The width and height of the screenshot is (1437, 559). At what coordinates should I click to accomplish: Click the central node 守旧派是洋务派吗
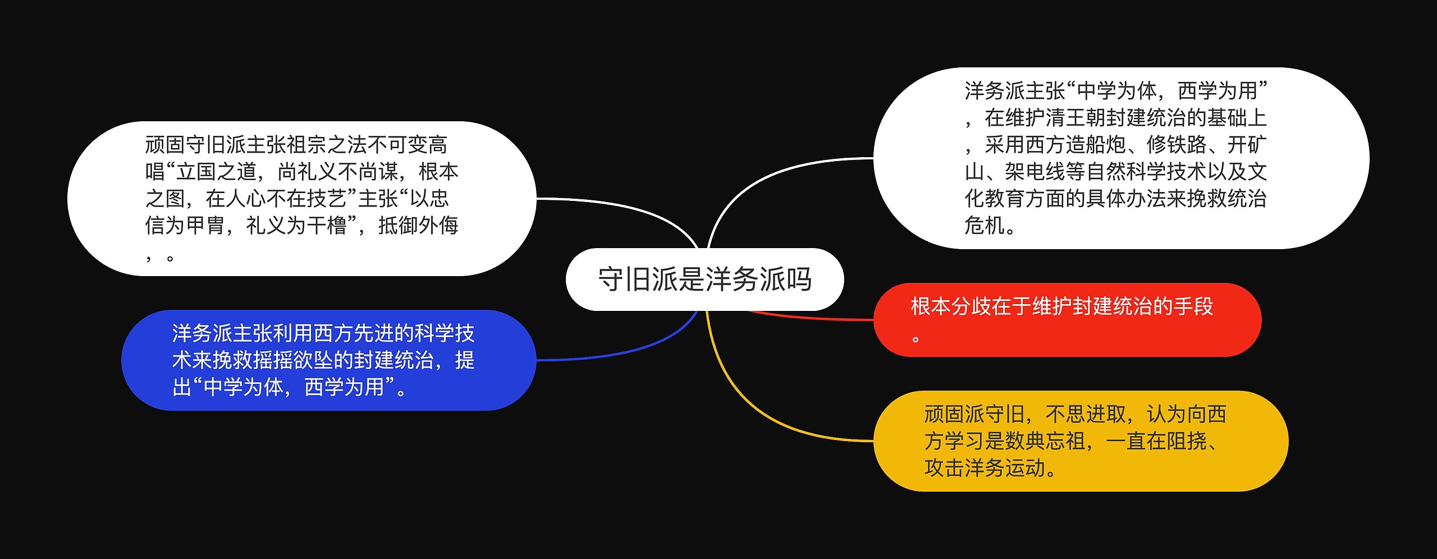coord(704,279)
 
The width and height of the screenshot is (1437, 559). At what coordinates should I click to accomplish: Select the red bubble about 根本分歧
coord(1067,320)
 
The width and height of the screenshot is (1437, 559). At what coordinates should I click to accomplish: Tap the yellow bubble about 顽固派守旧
coord(1081,441)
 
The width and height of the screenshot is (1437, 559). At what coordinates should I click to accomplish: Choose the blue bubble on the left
coord(328,360)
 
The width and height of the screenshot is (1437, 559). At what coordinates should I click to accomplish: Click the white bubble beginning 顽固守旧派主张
coord(301,199)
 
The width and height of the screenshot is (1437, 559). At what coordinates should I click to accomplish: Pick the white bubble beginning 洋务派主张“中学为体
coord(1121,158)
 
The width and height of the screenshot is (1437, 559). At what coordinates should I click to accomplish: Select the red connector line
coord(814,318)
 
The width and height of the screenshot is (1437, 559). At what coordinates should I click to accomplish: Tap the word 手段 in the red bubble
coord(1193,306)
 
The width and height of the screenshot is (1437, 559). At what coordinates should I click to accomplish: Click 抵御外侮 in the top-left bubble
coord(418,226)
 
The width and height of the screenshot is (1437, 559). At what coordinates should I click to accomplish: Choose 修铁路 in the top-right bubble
coord(1177,145)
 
